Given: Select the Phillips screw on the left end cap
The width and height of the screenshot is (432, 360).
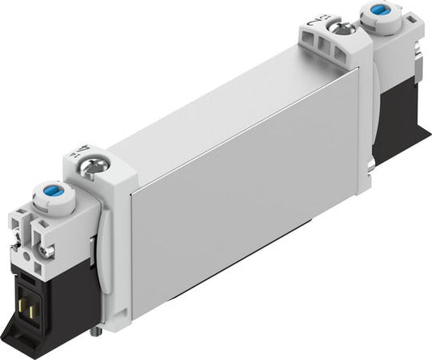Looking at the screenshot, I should click(x=90, y=169).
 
